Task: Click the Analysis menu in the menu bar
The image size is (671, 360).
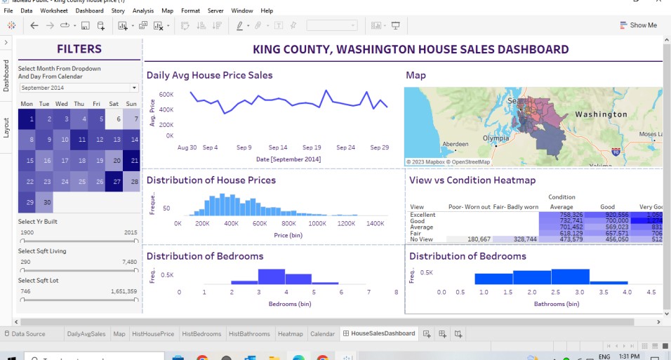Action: [142, 11]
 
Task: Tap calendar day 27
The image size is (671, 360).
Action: [114, 181]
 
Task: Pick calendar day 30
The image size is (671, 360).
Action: [44, 202]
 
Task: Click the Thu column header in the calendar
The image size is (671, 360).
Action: [79, 104]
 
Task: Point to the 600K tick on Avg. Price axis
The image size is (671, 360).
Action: [166, 94]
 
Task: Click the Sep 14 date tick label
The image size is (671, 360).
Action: [279, 148]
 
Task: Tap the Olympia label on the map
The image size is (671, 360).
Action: [495, 138]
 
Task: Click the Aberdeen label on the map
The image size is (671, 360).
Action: [455, 143]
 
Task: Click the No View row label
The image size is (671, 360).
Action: [422, 239]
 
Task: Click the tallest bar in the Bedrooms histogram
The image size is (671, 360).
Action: [271, 276]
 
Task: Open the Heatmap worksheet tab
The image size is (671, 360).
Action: [290, 334]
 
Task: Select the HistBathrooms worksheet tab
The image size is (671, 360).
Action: [249, 334]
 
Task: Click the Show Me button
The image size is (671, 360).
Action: [639, 25]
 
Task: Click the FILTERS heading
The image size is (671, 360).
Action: [79, 49]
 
